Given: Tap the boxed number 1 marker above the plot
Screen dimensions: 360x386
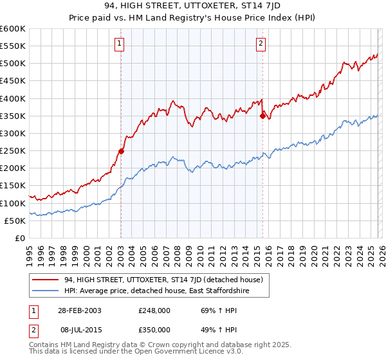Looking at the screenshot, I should pos(120,44).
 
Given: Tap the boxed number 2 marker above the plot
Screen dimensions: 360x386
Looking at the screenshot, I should pos(261,44).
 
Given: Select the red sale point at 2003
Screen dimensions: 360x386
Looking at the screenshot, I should pos(121,152).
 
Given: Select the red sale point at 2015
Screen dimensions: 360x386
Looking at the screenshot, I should pos(262,116).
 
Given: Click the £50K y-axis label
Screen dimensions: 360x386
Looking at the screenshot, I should pos(15,221).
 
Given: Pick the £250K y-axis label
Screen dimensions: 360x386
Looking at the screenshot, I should pos(13,150).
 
